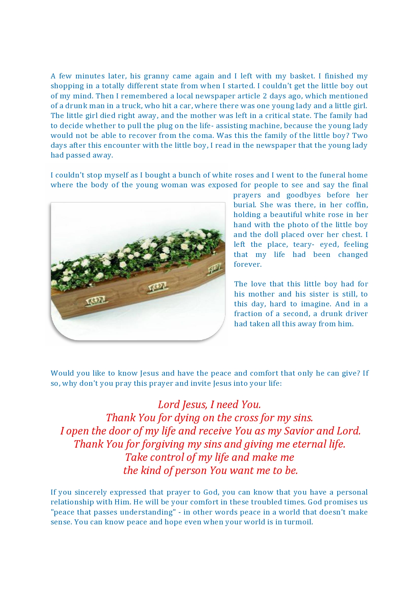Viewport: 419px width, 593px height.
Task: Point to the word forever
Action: [x=247, y=264]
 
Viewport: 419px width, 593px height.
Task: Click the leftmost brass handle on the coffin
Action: [x=95, y=301]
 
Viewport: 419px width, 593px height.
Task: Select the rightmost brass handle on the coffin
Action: [x=214, y=269]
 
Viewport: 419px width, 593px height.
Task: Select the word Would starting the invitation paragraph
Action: [x=61, y=373]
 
